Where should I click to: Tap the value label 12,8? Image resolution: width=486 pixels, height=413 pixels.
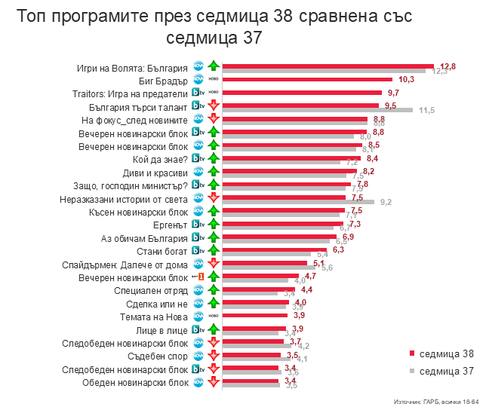pyautogui.click(x=448, y=66)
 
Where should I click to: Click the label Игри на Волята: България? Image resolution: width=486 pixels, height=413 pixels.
pyautogui.click(x=132, y=66)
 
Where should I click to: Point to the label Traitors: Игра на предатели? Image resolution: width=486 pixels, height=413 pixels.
pyautogui.click(x=135, y=93)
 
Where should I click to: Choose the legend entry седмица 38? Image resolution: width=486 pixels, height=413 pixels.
pyautogui.click(x=446, y=353)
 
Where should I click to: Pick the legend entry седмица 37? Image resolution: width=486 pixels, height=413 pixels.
pyautogui.click(x=446, y=370)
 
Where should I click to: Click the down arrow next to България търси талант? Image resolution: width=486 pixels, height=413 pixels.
pyautogui.click(x=214, y=106)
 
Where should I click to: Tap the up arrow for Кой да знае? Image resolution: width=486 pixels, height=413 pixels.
pyautogui.click(x=214, y=159)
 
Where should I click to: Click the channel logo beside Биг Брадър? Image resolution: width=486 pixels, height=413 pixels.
pyautogui.click(x=198, y=80)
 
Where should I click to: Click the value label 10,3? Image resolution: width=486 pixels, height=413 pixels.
pyautogui.click(x=407, y=79)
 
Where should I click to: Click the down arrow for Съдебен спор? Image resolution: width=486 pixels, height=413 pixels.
pyautogui.click(x=214, y=356)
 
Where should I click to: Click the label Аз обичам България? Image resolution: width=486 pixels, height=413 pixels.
pyautogui.click(x=144, y=237)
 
